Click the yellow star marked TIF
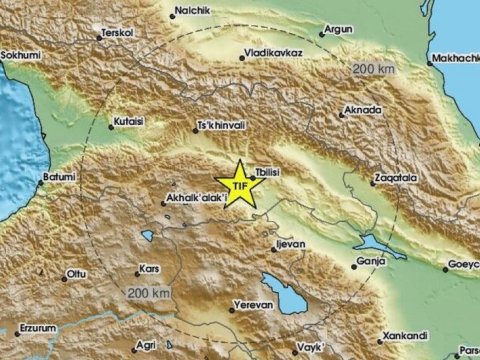point(239,185)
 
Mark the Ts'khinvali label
point(222,127)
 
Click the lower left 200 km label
point(148,292)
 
